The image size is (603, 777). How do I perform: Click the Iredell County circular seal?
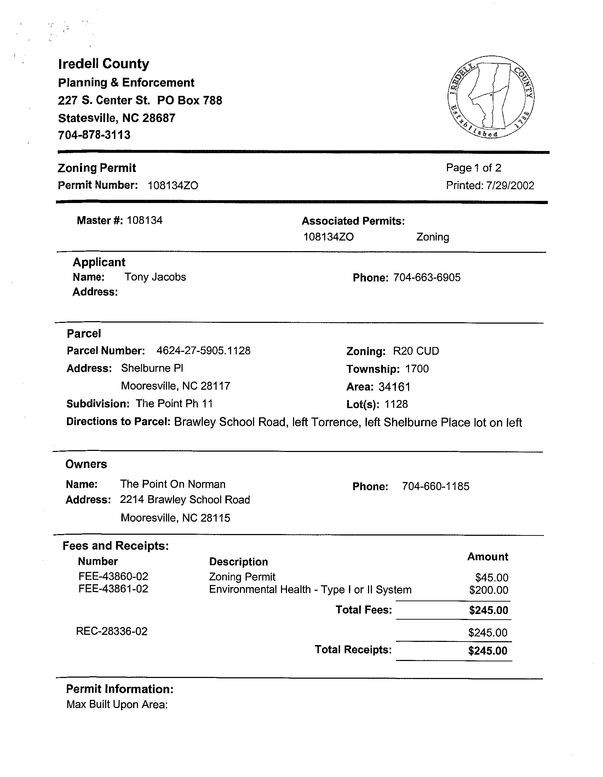(491, 97)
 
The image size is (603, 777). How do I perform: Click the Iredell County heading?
(104, 64)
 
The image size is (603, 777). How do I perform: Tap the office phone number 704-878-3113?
(94, 135)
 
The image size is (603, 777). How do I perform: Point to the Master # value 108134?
(144, 220)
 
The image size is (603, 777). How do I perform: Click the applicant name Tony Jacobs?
(155, 277)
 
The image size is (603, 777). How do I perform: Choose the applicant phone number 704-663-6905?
(427, 278)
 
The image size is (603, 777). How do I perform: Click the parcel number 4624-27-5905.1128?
(203, 351)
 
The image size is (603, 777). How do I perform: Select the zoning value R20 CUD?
(416, 351)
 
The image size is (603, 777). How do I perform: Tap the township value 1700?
(417, 369)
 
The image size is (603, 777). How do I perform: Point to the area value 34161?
(395, 387)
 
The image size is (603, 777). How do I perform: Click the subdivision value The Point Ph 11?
(174, 404)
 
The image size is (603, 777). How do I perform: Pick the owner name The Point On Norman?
(173, 484)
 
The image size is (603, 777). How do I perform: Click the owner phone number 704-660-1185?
(436, 486)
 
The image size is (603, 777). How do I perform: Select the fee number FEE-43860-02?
(113, 576)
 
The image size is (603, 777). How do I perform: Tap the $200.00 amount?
(488, 590)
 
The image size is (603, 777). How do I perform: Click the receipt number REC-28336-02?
(112, 632)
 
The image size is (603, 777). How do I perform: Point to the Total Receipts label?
(353, 650)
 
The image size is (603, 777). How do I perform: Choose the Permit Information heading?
(120, 689)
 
